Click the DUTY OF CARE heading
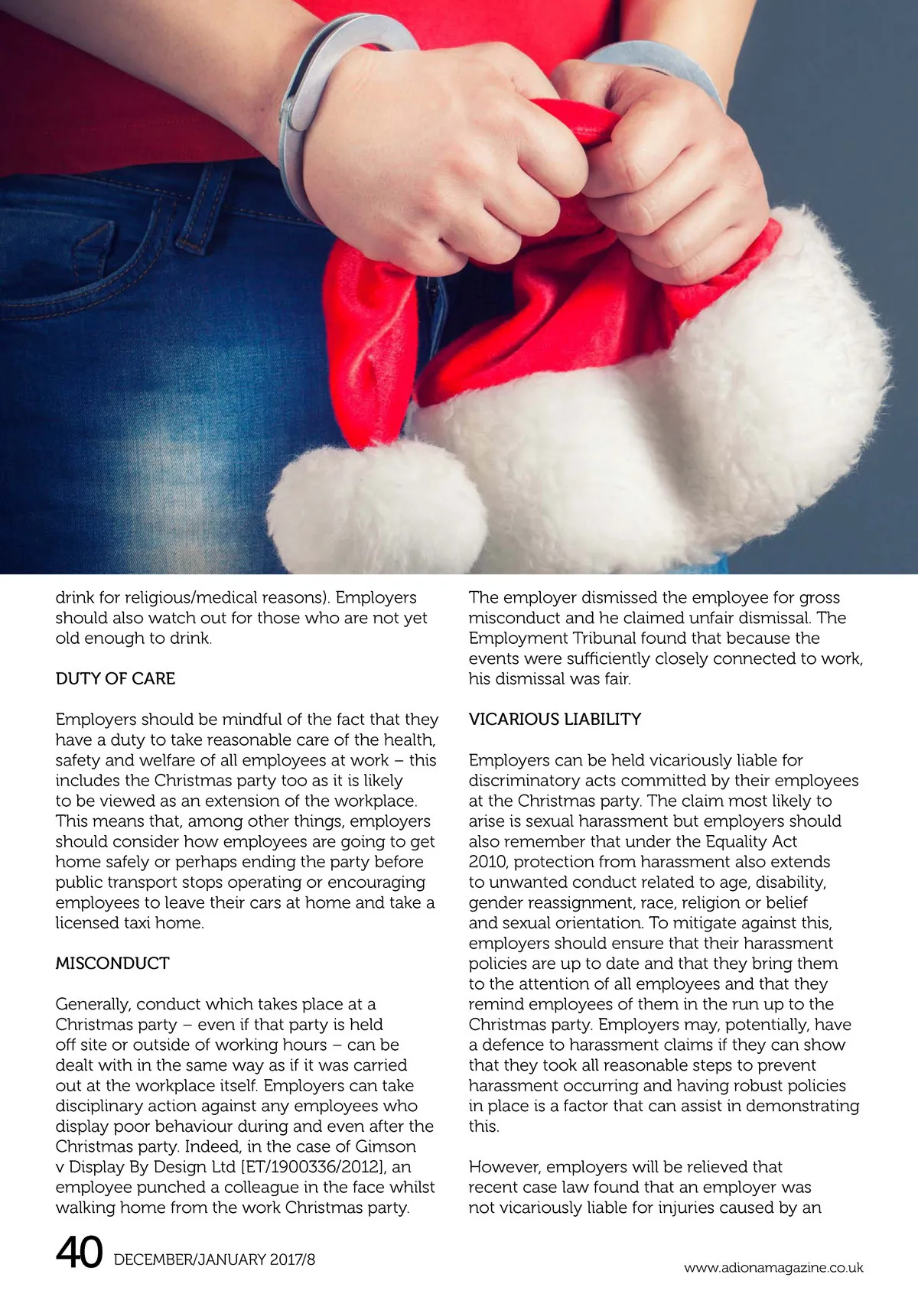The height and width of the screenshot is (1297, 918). pos(115,679)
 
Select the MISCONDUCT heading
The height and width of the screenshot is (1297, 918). pos(112,964)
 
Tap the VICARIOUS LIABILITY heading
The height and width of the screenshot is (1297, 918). pos(555,720)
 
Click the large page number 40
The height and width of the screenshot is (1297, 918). pos(79,1253)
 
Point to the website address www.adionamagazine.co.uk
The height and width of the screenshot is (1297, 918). pos(773,1268)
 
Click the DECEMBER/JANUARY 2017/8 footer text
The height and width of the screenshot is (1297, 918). pos(214,1260)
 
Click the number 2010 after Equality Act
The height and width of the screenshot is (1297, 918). pos(487,863)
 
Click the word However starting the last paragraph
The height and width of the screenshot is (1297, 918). pos(504,1168)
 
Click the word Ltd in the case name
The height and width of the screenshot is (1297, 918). pos(222,1168)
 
